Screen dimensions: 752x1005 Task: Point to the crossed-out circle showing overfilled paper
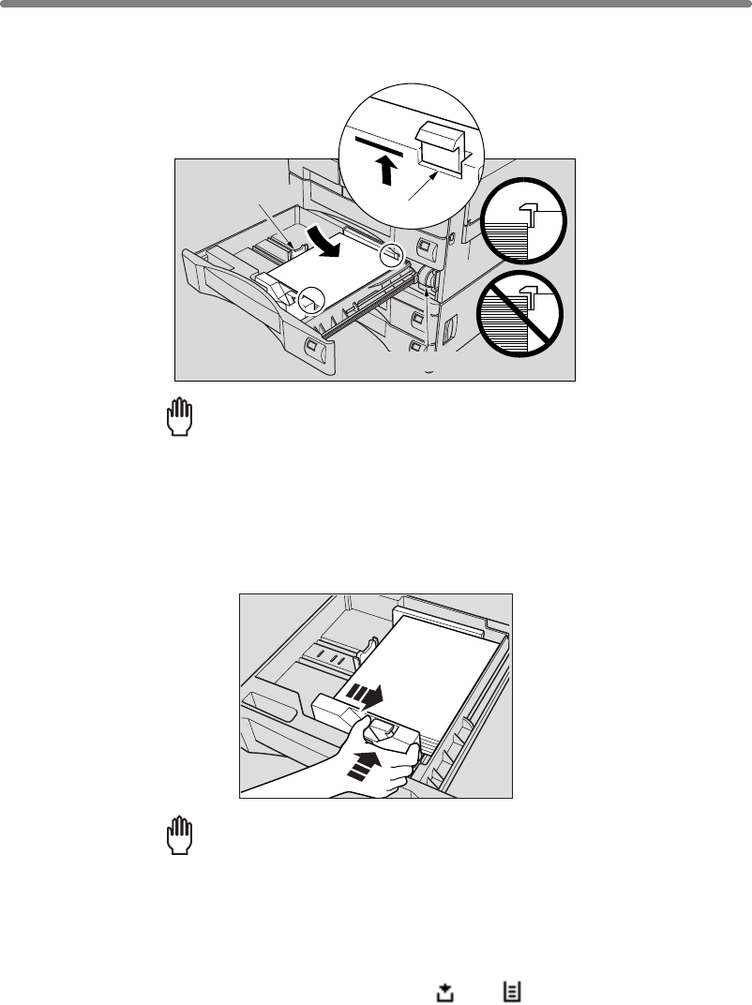point(521,310)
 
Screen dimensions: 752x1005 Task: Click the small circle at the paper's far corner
point(392,255)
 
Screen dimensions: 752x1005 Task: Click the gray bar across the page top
point(376,5)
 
